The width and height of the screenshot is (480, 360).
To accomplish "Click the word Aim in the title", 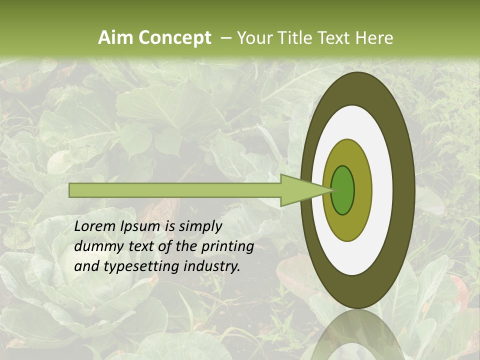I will tap(116, 38).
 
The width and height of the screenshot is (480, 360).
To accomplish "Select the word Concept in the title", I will tap(174, 38).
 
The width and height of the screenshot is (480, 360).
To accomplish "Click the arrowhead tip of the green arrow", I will tap(332, 190).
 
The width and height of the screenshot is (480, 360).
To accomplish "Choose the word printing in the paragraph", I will tap(227, 247).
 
